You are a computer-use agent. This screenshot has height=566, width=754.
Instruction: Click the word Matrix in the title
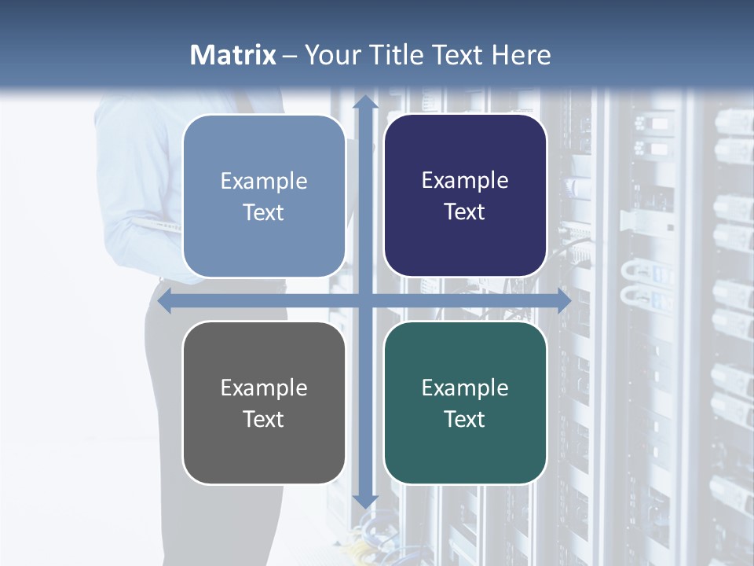click(x=233, y=55)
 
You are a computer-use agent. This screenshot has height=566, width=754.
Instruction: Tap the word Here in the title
click(x=521, y=55)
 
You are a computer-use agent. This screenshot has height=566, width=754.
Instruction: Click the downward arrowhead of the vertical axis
click(x=364, y=501)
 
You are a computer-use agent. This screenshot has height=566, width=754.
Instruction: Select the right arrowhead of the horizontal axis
click(x=563, y=301)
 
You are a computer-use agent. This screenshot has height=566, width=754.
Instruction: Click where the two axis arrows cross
click(x=364, y=301)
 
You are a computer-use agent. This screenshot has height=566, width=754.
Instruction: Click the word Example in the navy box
click(x=465, y=181)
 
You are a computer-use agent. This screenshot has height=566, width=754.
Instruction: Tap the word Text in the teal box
click(x=465, y=419)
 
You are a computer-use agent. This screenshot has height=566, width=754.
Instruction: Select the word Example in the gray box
click(x=264, y=388)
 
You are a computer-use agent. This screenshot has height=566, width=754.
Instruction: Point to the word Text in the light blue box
click(x=264, y=212)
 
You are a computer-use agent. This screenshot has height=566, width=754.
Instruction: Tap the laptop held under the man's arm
click(x=157, y=226)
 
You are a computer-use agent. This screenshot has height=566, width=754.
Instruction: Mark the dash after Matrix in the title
click(x=290, y=56)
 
